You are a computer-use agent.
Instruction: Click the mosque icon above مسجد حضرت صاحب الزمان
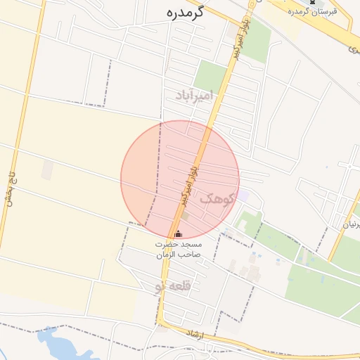(177, 234)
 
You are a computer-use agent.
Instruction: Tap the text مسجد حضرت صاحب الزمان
(178, 249)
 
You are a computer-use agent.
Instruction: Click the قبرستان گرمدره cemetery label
(312, 11)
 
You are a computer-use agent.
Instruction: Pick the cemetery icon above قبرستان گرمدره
(312, 2)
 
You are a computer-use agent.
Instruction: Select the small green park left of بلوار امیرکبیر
(208, 76)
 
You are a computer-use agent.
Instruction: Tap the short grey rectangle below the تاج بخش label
(47, 169)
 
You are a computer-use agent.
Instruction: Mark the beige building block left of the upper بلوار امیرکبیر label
(232, 31)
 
